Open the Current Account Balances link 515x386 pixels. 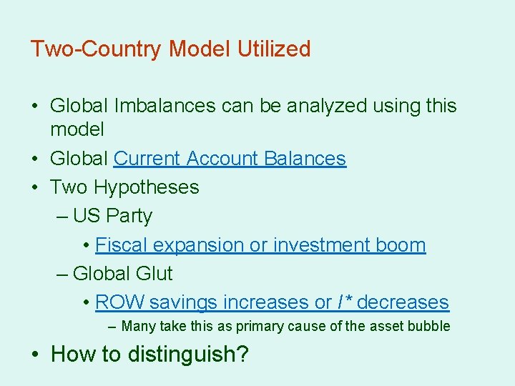click(x=230, y=159)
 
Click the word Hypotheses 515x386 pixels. click(x=147, y=187)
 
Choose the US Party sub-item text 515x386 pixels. click(x=113, y=216)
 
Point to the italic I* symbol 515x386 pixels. click(x=344, y=302)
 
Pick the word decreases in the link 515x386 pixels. click(x=403, y=302)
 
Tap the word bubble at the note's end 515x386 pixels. click(x=431, y=327)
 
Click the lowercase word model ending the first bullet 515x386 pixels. click(x=77, y=130)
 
